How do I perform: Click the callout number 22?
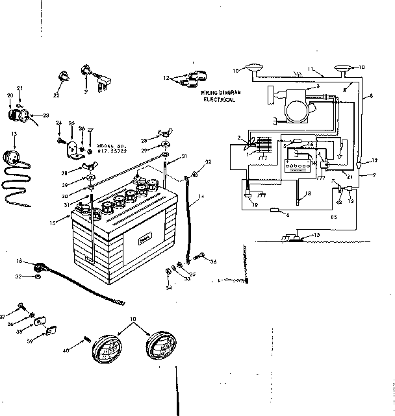tap(56, 95)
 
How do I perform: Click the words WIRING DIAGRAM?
tap(220, 93)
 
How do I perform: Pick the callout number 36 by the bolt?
tap(213, 262)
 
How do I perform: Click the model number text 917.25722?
tap(111, 151)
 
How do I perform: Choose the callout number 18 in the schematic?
tap(308, 194)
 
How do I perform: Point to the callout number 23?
tap(46, 116)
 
